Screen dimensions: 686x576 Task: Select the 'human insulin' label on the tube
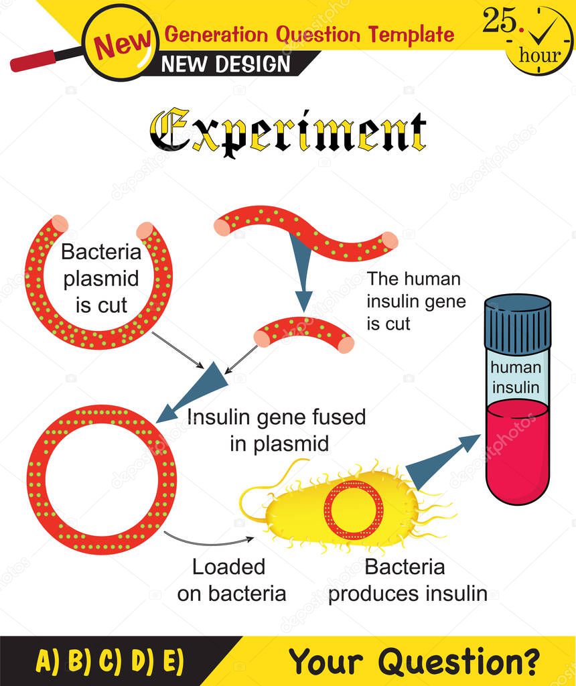point(515,377)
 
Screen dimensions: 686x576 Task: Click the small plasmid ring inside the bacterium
point(352,510)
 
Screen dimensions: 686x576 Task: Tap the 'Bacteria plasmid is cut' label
point(101,278)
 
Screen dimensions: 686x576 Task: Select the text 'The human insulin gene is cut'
point(415,301)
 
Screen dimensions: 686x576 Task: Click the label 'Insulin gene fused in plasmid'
point(277,429)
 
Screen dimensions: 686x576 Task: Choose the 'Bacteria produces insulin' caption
point(407,579)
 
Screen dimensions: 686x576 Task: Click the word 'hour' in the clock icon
point(540,56)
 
